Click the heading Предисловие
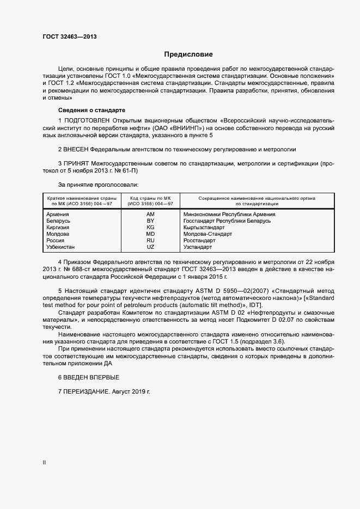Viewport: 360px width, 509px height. pos(188,54)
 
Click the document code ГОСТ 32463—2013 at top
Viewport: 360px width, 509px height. pos(70,36)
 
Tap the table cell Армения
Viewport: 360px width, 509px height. pos(58,214)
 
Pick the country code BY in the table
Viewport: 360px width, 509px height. pos(151,221)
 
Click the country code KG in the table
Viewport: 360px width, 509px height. pos(151,228)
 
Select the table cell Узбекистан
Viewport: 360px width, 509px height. pos(62,247)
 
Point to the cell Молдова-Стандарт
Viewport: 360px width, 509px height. pos(208,234)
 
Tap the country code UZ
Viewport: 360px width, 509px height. pos(151,247)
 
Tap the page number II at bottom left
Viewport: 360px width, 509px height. pos(44,463)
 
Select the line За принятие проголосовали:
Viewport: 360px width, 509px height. pos(98,185)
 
